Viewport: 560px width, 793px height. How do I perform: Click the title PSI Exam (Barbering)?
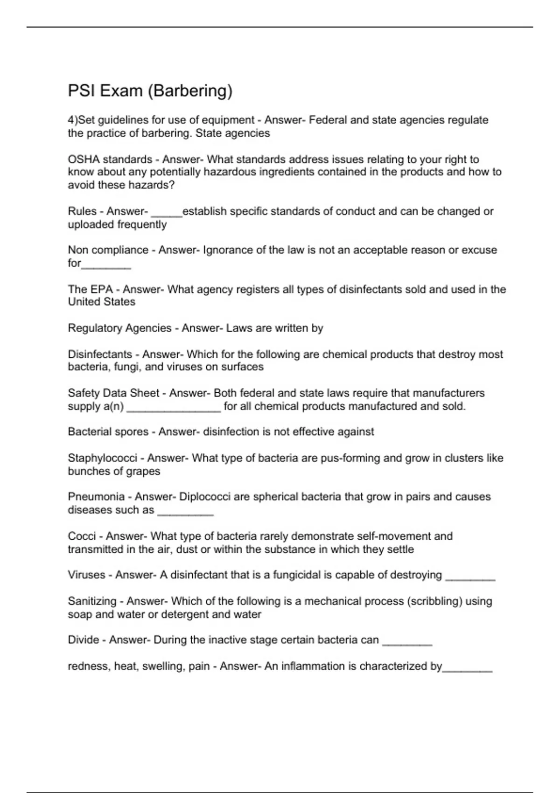coord(150,90)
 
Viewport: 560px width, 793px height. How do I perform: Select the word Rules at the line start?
coord(82,211)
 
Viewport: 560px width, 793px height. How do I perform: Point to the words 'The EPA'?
coord(90,289)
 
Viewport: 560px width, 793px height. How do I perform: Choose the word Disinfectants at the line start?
coord(100,355)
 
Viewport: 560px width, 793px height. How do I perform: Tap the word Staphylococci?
coord(102,458)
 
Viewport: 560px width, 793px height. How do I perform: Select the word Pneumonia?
coord(96,497)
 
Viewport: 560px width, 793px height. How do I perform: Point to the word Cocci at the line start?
coord(82,536)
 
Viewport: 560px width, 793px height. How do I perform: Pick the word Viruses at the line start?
coord(86,575)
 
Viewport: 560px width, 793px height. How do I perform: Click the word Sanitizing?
coord(92,601)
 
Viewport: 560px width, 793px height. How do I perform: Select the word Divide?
coord(83,640)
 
